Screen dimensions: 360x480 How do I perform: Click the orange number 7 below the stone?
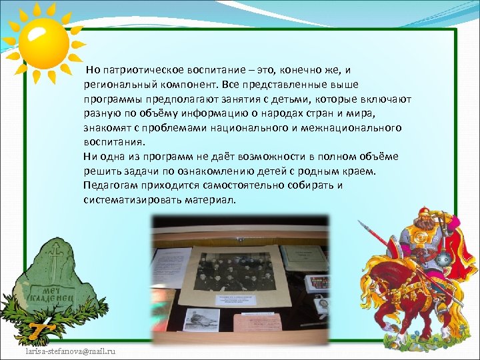(36, 329)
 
